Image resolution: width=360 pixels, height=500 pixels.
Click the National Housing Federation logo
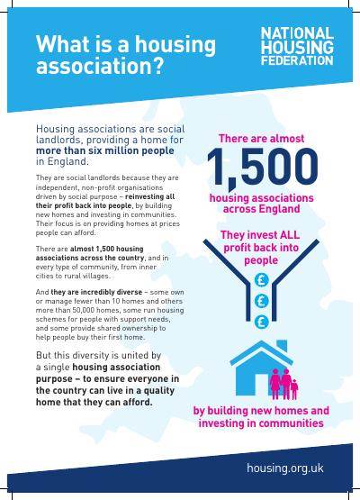coord(295,47)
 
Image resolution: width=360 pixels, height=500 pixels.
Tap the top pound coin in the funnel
coord(261,280)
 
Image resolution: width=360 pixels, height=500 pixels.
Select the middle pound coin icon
coord(261,300)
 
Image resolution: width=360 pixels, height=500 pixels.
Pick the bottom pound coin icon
coord(261,320)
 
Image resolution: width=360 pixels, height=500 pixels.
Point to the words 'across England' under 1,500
coord(261,209)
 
